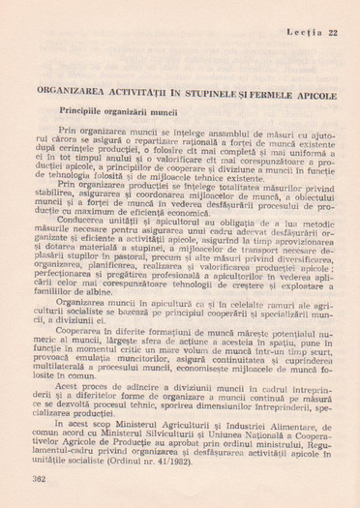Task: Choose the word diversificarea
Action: pyautogui.click(x=310, y=255)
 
